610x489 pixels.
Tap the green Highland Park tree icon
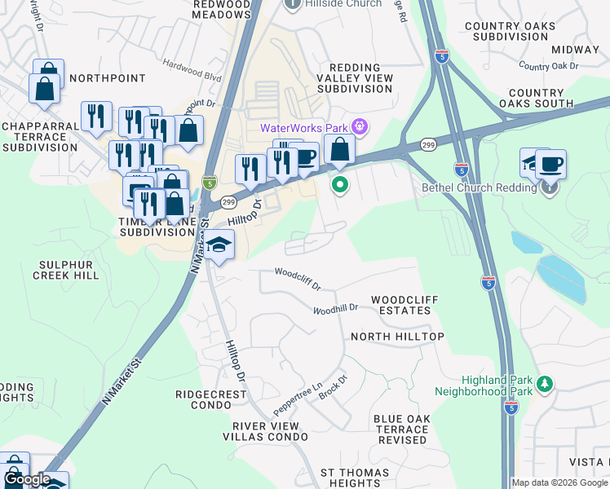pyautogui.click(x=546, y=383)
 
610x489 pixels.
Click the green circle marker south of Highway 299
pyautogui.click(x=340, y=186)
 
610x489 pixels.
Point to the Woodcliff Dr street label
pyautogui.click(x=298, y=280)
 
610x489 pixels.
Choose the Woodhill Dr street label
pyautogui.click(x=336, y=309)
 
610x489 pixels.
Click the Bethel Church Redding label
pyautogui.click(x=479, y=188)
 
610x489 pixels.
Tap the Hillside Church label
pyautogui.click(x=343, y=4)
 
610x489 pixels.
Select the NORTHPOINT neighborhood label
pyautogui.click(x=108, y=78)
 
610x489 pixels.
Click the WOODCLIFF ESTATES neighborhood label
pyautogui.click(x=404, y=306)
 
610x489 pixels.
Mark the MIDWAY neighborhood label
pyautogui.click(x=578, y=49)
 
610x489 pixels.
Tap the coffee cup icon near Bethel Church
pyautogui.click(x=550, y=164)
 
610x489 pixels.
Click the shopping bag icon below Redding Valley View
pyautogui.click(x=340, y=150)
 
